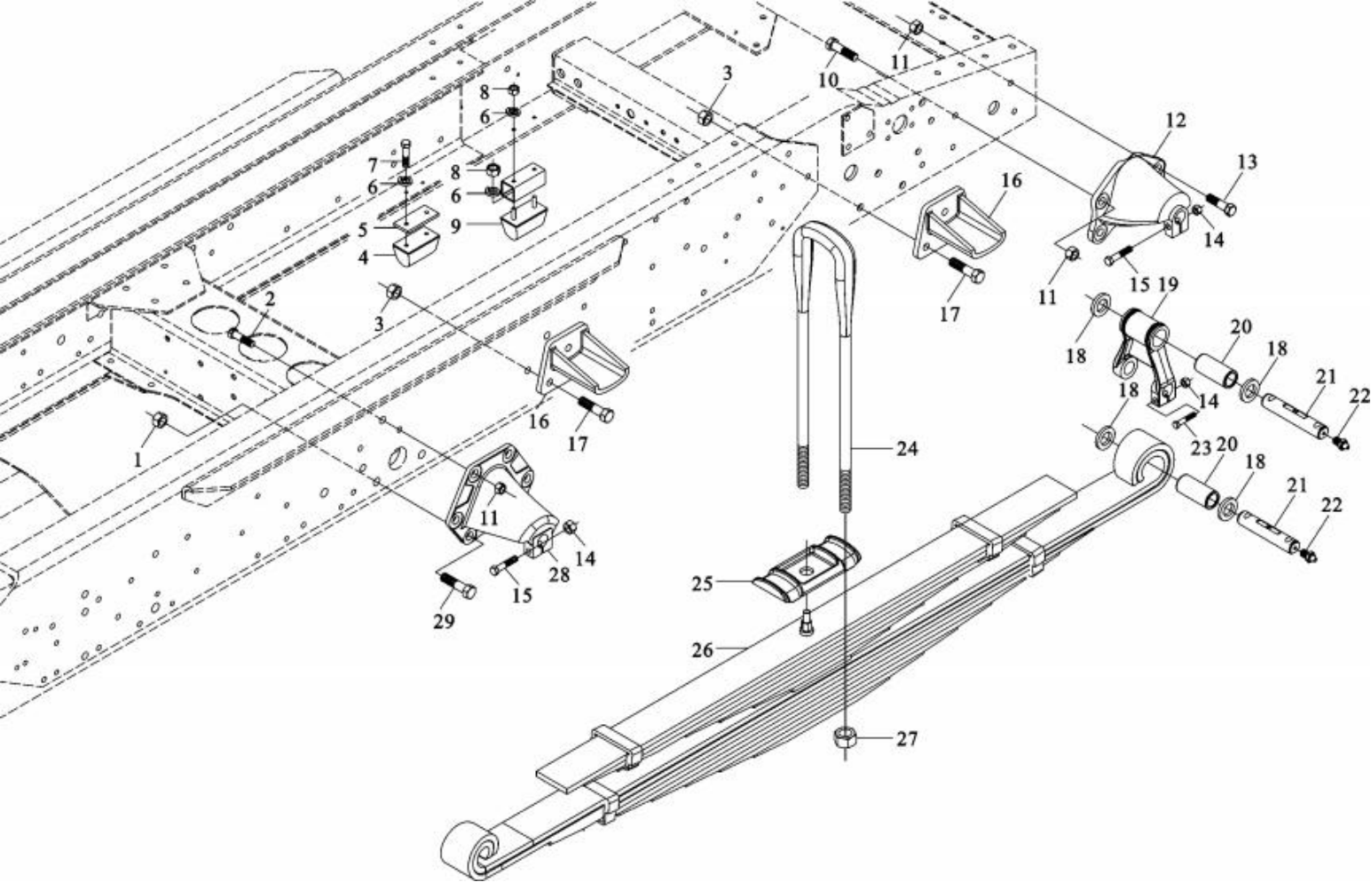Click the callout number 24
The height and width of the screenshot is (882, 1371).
[x=906, y=449]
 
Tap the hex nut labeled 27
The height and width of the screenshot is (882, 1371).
[x=844, y=737]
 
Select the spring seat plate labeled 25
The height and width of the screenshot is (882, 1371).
[x=806, y=568]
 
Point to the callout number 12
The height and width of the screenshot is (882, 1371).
[x=1176, y=120]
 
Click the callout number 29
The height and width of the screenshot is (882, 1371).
[x=444, y=621]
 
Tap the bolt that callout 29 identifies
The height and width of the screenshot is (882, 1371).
[x=456, y=585]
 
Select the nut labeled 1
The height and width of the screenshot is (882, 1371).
[x=160, y=420]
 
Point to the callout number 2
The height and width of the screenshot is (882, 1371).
[x=270, y=299]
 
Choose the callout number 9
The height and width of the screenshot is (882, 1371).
[x=455, y=225]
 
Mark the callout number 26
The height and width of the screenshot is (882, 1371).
[x=702, y=650]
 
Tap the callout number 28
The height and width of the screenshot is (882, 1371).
[x=558, y=575]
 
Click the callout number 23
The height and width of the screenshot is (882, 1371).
[x=1201, y=448]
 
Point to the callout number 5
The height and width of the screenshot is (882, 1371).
[x=363, y=230]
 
